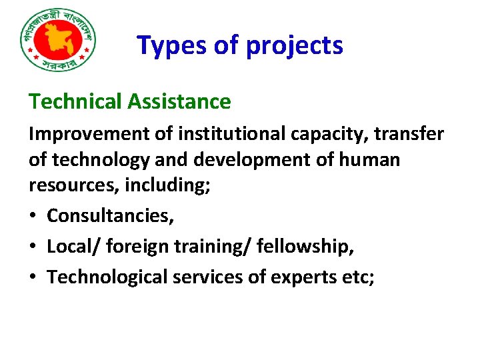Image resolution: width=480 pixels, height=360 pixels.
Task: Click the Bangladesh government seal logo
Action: (x=59, y=41)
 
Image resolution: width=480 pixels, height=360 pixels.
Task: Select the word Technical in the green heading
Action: (x=75, y=101)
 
